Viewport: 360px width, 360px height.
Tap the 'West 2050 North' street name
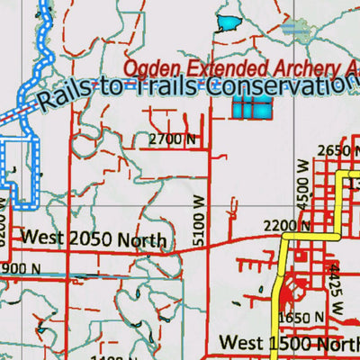(x=94, y=239)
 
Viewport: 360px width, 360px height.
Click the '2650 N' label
(x=339, y=149)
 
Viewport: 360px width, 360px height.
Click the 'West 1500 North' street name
(x=288, y=343)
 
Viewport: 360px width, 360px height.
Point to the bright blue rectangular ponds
(x=252, y=107)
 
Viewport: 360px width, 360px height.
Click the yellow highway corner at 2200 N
(x=285, y=237)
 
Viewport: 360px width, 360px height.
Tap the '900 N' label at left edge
(x=20, y=268)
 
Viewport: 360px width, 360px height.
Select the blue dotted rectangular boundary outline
(x=20, y=171)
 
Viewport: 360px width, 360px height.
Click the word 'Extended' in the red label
(x=217, y=67)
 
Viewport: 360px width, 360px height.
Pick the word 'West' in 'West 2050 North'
(x=41, y=238)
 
